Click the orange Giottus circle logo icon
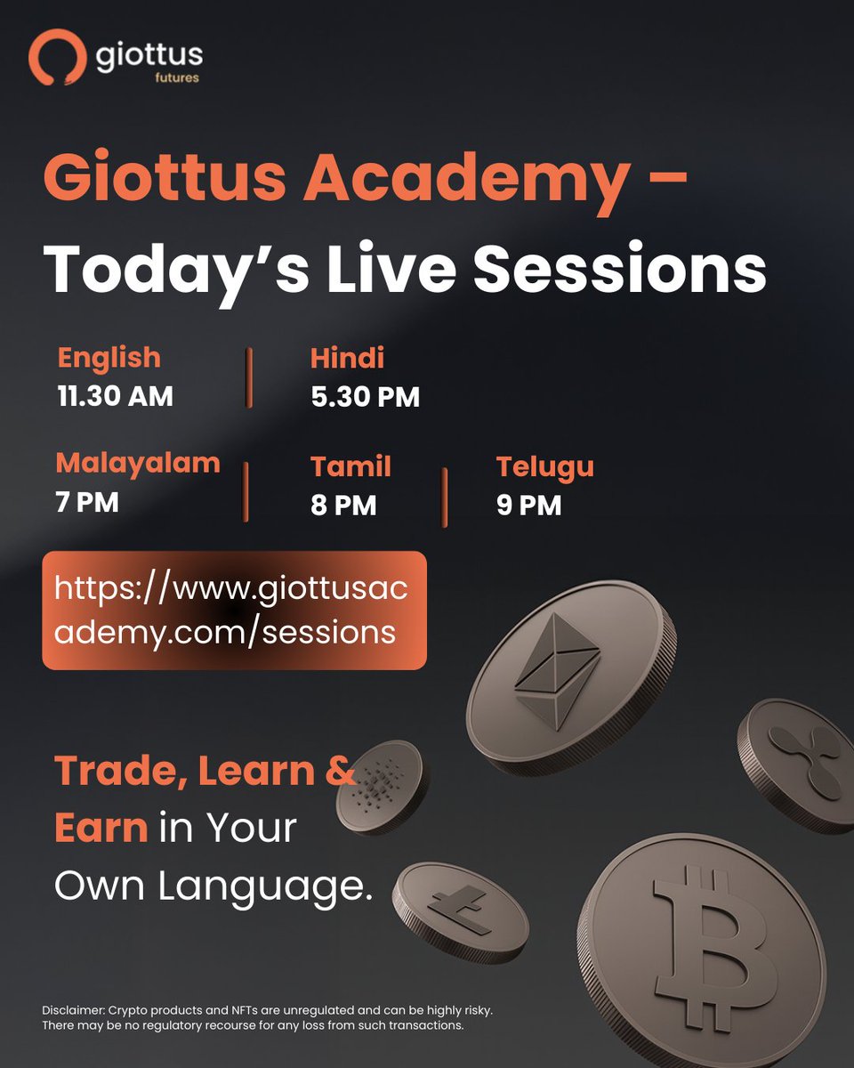click(x=56, y=58)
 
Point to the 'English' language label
click(x=109, y=358)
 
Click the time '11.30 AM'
click(x=115, y=396)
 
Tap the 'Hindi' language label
click(x=347, y=359)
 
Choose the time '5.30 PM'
click(x=365, y=397)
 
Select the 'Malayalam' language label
click(x=137, y=464)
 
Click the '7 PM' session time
click(x=86, y=503)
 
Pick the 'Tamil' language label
click(x=350, y=466)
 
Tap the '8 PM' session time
click(x=343, y=506)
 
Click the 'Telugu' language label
click(x=544, y=466)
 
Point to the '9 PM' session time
click(x=528, y=506)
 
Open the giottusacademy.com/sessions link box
click(x=234, y=610)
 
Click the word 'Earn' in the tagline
click(x=101, y=828)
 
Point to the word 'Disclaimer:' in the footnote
click(x=74, y=1011)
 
